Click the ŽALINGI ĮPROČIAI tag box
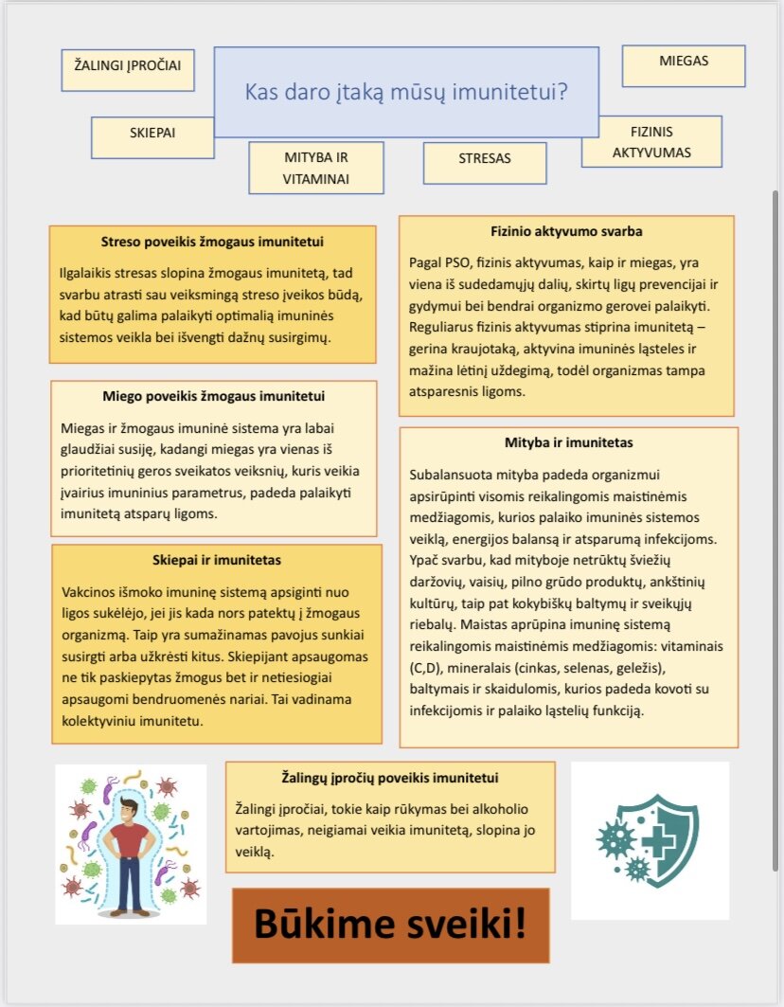pyautogui.click(x=127, y=69)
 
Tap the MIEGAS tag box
pyautogui.click(x=684, y=64)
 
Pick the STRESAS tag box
pyautogui.click(x=484, y=162)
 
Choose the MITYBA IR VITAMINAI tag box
pyautogui.click(x=316, y=168)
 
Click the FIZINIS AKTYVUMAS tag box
pyautogui.click(x=651, y=141)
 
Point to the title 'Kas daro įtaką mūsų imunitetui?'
pyautogui.click(x=406, y=93)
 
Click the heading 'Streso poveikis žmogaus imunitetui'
pyautogui.click(x=213, y=242)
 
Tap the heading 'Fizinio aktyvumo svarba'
pyautogui.click(x=566, y=230)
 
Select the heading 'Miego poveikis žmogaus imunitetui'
pyautogui.click(x=213, y=396)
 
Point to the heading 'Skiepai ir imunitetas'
pyautogui.click(x=217, y=560)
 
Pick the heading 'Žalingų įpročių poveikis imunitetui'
pyautogui.click(x=390, y=778)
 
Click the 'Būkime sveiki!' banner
pyautogui.click(x=390, y=926)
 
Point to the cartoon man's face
pyautogui.click(x=131, y=811)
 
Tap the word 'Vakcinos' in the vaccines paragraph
pyautogui.click(x=88, y=589)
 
